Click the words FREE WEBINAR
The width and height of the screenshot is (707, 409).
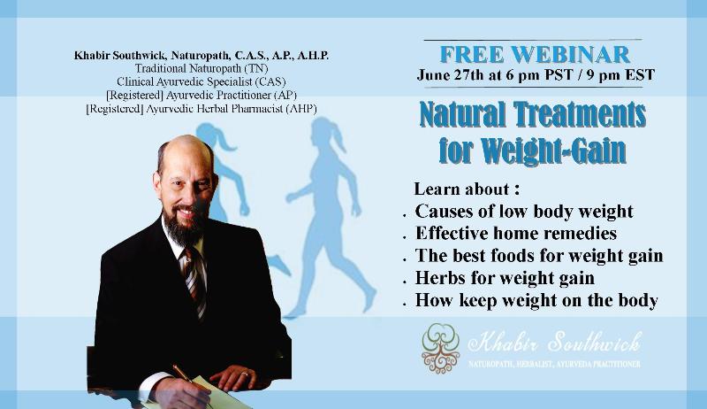535,55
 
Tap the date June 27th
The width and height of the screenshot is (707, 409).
451,75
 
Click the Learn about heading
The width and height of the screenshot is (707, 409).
467,189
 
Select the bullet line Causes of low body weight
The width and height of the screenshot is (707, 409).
524,212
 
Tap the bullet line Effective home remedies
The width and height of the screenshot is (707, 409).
516,234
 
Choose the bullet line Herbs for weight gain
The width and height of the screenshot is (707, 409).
505,278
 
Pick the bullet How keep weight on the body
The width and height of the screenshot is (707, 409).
536,300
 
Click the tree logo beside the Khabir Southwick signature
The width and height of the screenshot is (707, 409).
440,348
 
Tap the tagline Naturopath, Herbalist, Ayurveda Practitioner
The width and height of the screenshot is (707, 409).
554,364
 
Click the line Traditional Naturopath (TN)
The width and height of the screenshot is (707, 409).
201,69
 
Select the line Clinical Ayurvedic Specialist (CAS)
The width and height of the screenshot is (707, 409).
201,81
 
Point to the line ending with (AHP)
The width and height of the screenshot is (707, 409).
201,109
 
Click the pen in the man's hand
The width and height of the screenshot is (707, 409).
192,382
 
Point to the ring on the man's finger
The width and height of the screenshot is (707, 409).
244,374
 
